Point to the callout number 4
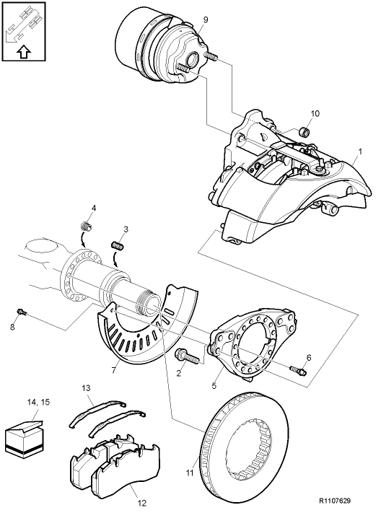click(92, 209)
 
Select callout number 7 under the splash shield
click(113, 370)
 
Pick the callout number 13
click(86, 389)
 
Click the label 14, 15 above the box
click(38, 401)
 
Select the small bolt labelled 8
click(22, 312)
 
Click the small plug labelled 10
click(305, 131)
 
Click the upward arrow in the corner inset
click(23, 52)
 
